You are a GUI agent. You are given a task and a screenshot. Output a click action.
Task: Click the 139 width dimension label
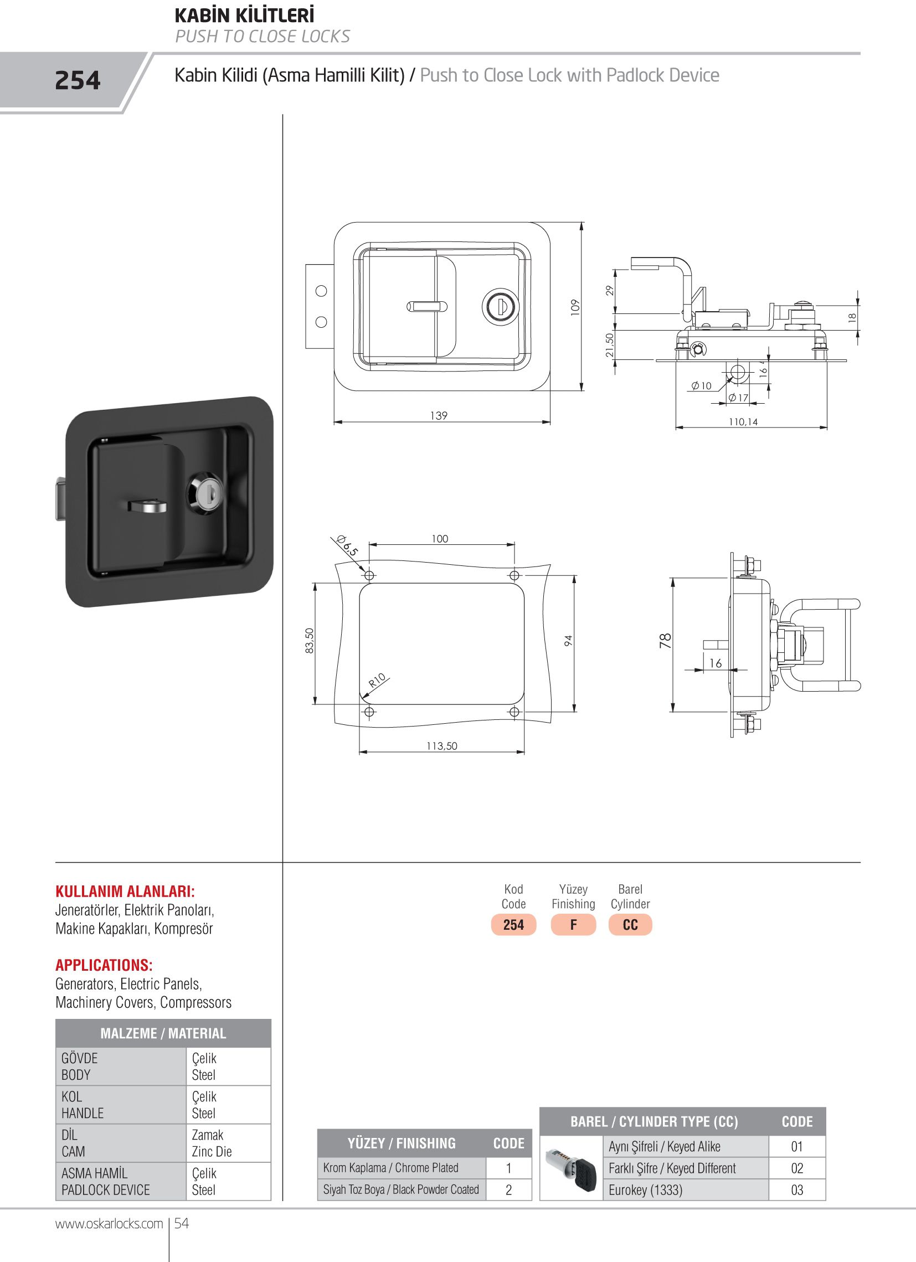[x=439, y=415]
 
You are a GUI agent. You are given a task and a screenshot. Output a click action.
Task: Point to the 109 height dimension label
[x=575, y=307]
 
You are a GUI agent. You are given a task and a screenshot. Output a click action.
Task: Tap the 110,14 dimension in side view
[x=743, y=422]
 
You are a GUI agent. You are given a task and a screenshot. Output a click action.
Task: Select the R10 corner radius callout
[x=377, y=680]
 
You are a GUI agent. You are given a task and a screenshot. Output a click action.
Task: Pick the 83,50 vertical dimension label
[x=310, y=641]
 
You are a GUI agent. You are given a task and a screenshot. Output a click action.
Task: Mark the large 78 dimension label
[x=665, y=641]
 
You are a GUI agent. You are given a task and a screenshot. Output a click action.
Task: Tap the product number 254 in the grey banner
[x=78, y=81]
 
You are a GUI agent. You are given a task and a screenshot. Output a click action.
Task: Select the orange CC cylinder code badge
[x=630, y=925]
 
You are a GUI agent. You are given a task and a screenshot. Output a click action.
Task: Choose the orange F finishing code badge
[x=573, y=925]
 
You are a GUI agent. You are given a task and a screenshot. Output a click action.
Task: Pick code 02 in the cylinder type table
[x=797, y=1168]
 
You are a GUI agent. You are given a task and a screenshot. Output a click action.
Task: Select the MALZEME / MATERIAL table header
[x=163, y=1033]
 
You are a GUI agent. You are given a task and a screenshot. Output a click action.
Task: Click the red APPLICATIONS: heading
[x=104, y=965]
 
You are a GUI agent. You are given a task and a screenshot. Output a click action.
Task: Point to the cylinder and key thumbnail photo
[x=572, y=1168]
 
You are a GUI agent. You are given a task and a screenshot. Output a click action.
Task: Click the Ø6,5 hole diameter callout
[x=348, y=546]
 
